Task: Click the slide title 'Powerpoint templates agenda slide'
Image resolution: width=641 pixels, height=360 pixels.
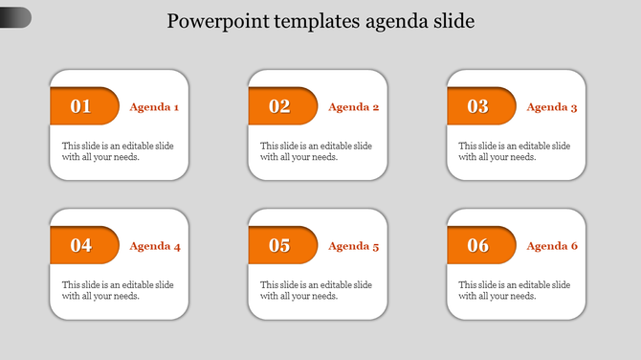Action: coord(320,21)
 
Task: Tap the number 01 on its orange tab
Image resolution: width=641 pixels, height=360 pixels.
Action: coord(81,106)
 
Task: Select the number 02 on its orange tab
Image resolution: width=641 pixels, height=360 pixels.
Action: coord(279,106)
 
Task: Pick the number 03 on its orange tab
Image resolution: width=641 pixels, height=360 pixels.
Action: coord(477,106)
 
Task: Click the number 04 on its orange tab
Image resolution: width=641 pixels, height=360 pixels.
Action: coord(81,245)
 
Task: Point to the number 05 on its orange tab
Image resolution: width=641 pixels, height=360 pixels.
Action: coord(279,245)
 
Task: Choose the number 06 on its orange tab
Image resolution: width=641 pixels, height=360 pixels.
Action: coord(477,245)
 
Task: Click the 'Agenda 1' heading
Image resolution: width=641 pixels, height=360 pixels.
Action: coord(154,107)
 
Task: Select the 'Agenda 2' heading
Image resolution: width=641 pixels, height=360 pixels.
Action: coord(353,107)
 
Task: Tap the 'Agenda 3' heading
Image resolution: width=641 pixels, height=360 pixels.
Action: coord(551,107)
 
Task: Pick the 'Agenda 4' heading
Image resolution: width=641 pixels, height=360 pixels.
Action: coord(154,246)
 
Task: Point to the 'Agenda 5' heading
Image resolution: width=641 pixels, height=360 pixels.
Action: coord(353,246)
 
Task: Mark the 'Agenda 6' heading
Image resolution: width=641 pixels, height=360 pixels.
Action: coord(551,246)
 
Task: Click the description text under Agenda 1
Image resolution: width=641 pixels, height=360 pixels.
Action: coord(118,151)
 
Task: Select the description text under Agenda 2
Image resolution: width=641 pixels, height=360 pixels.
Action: coord(316,151)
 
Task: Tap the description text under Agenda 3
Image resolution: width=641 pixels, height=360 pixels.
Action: coord(514,151)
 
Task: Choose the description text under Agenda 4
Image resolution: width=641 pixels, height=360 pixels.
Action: coord(118,290)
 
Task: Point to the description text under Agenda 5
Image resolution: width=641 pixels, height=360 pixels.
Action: coord(316,290)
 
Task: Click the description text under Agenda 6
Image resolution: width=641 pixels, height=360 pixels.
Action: coord(514,290)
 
